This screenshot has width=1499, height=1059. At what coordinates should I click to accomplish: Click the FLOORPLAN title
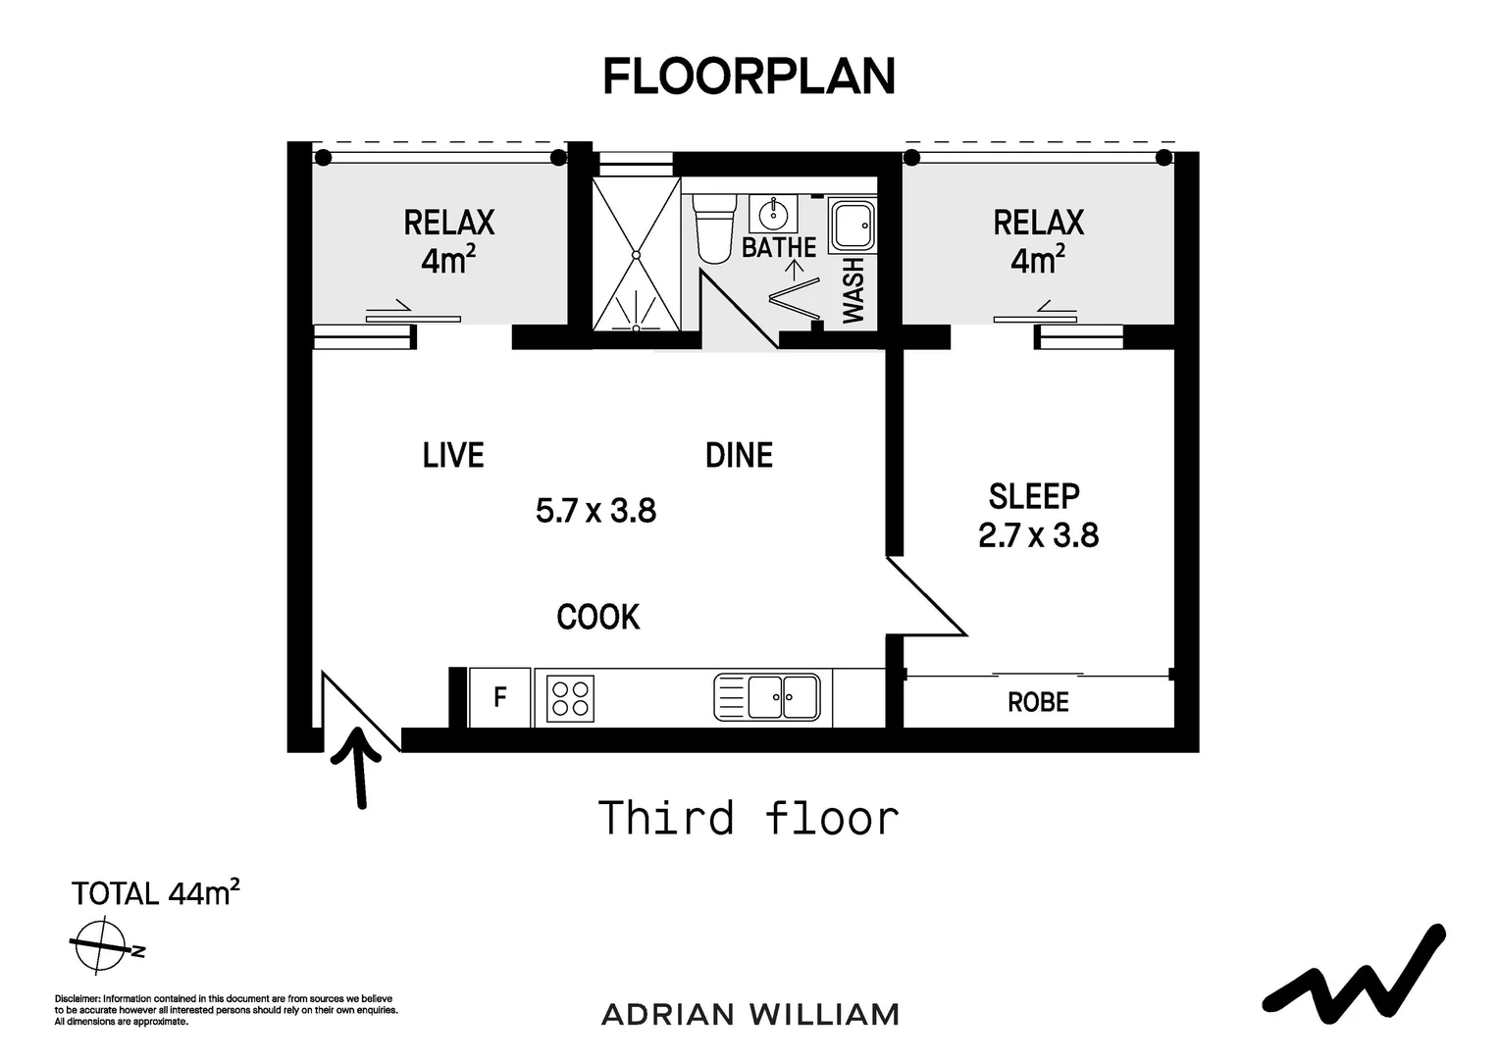click(x=749, y=76)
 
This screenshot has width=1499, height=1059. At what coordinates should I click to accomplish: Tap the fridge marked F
click(x=499, y=697)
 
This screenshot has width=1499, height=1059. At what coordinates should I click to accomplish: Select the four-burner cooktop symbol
click(x=570, y=698)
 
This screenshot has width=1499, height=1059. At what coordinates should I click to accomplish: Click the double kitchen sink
click(x=768, y=697)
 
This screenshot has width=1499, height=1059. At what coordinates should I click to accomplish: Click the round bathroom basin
click(x=774, y=213)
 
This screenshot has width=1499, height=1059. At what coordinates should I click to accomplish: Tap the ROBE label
click(x=1038, y=702)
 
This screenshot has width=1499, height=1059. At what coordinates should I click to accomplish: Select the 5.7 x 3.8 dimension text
click(x=595, y=511)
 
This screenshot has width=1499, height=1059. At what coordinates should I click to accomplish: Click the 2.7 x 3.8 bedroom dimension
click(x=1038, y=535)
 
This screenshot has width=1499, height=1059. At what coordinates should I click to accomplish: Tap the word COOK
click(x=597, y=617)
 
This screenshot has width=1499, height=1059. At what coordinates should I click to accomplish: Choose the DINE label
click(x=739, y=455)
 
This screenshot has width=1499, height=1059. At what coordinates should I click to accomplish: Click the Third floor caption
click(x=749, y=818)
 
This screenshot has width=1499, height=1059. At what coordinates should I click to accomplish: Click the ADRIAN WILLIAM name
click(x=749, y=1014)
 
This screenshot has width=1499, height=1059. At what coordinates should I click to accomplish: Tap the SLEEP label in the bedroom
click(x=1034, y=496)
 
